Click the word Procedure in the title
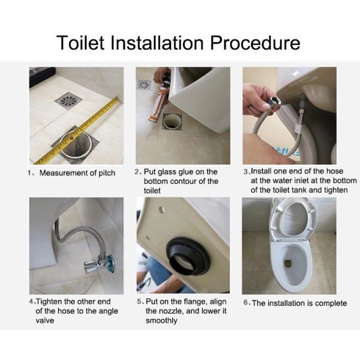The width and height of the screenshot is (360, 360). (255, 43)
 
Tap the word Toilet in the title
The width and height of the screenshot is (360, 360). (80, 43)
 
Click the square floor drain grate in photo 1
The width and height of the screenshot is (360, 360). (68, 100)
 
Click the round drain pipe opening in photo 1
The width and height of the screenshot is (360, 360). (76, 144)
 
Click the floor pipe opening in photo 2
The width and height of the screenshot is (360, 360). (172, 122)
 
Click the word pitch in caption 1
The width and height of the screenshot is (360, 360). (107, 173)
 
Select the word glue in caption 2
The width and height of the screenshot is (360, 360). (186, 172)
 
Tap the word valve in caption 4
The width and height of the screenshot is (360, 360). (45, 320)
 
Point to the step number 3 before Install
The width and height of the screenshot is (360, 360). (246, 172)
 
